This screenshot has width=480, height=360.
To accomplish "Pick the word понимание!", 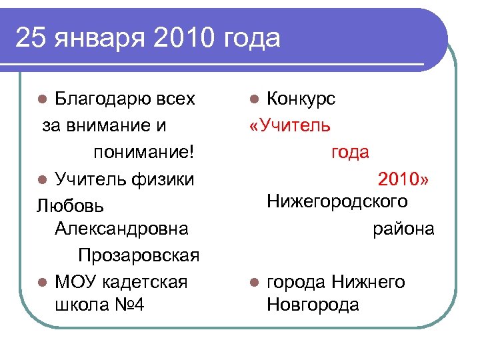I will pos(145,152).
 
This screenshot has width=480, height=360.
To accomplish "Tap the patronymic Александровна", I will pos(121,229).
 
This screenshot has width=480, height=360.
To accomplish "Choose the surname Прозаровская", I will pos(139,255).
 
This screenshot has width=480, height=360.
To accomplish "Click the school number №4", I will pos(129,305).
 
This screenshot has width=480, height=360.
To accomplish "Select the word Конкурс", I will pos(301,99).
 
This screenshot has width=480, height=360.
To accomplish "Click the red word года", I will pos(350,152).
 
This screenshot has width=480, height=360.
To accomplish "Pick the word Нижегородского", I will pos(337,201).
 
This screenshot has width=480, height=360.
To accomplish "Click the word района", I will pos(403,229).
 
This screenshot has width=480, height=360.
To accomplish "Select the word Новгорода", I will pos(312,305).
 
